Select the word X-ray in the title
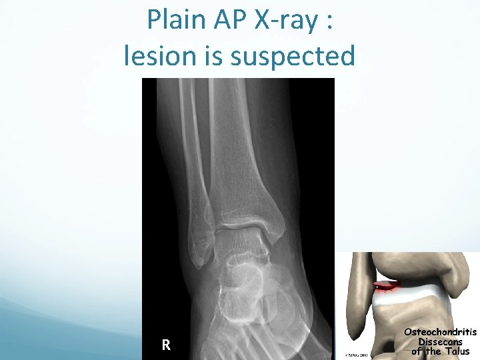click(287, 21)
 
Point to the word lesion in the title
click(160, 56)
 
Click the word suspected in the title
click(293, 57)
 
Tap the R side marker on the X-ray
click(166, 345)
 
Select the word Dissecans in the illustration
click(440, 342)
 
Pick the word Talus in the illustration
click(455, 351)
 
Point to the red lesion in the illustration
click(385, 288)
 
